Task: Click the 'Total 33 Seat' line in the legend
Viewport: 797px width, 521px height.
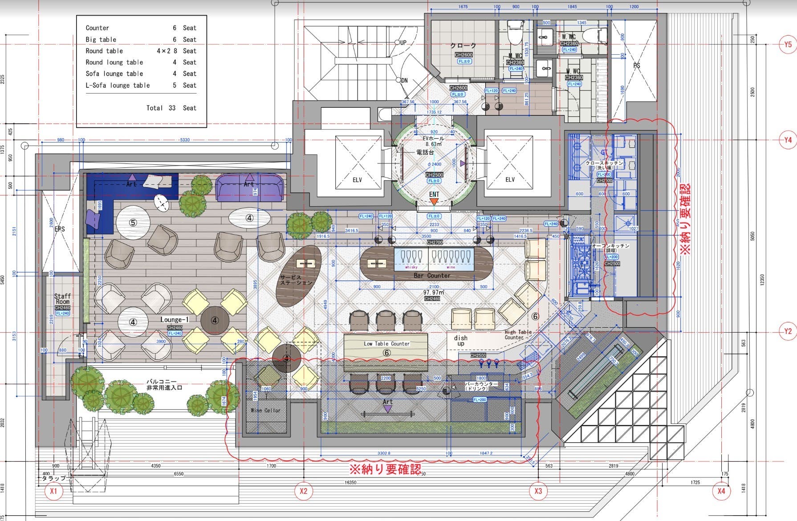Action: click(x=171, y=108)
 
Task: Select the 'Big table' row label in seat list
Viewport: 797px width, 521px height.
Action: click(x=101, y=40)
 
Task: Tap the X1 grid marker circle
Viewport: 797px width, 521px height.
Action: click(x=53, y=491)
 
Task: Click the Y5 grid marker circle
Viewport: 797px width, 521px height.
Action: click(x=788, y=45)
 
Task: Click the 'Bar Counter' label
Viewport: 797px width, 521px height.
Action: click(x=432, y=276)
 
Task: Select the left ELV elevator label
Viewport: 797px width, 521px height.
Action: click(x=357, y=180)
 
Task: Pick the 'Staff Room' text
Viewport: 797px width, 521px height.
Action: click(x=62, y=299)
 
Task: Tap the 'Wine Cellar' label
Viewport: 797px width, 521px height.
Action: click(x=266, y=410)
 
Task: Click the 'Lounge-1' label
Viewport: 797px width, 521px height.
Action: click(x=175, y=320)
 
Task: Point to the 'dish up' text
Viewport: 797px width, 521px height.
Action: click(x=460, y=341)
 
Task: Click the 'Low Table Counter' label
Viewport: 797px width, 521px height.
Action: click(x=386, y=344)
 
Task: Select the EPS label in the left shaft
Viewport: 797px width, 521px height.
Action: click(x=59, y=229)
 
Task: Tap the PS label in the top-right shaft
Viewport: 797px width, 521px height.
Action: click(x=636, y=65)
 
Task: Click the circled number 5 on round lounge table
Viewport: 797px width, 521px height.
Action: click(x=133, y=223)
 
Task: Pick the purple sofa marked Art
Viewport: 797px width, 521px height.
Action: click(x=249, y=188)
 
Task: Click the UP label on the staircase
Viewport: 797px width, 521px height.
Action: click(x=403, y=43)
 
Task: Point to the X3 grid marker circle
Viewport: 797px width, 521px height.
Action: click(x=538, y=491)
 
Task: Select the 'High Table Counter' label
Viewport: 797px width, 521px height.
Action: click(x=518, y=334)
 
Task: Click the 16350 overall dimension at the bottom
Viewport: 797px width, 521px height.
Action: click(x=350, y=482)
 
